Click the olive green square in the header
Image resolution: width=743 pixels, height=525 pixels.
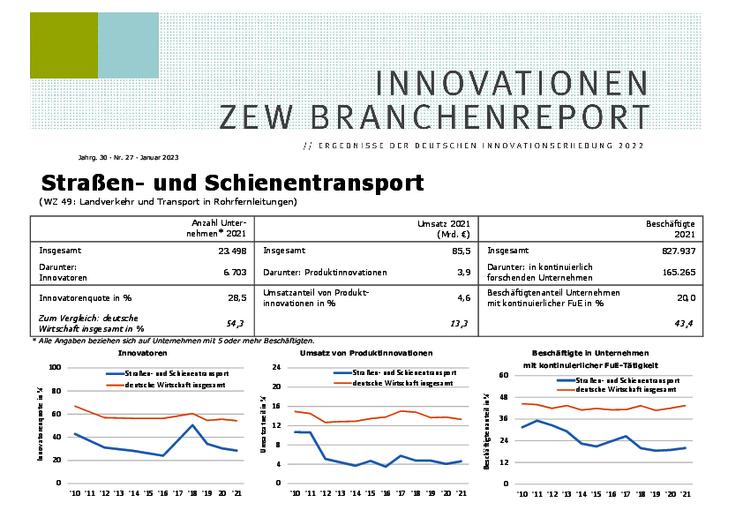coord(64,46)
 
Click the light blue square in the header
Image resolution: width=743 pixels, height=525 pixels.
coord(128,46)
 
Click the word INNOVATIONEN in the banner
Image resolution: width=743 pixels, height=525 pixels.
coord(512,84)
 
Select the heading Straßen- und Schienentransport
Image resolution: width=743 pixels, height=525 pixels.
coord(233,183)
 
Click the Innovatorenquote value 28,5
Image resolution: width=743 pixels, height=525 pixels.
coord(236,298)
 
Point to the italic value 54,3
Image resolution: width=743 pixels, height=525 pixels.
coord(236,324)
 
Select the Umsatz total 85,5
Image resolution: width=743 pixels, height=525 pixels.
coord(460,251)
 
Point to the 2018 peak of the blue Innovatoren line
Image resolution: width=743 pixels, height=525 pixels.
coord(192,425)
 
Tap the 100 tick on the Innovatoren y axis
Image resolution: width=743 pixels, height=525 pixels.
coord(55,367)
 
